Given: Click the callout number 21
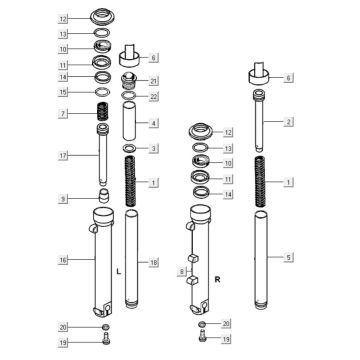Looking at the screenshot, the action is point(154,80).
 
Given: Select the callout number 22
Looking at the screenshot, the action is point(154,96).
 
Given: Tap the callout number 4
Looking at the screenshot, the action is point(154,123).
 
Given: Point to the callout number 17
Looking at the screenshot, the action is point(63,155).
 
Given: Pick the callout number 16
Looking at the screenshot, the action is point(63,260).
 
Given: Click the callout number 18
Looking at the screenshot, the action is point(154,263).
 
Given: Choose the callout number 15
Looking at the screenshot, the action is point(63,92).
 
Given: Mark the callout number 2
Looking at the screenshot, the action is point(289,122).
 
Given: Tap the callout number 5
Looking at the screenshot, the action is point(289,257).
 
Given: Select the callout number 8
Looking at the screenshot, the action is point(182,272).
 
